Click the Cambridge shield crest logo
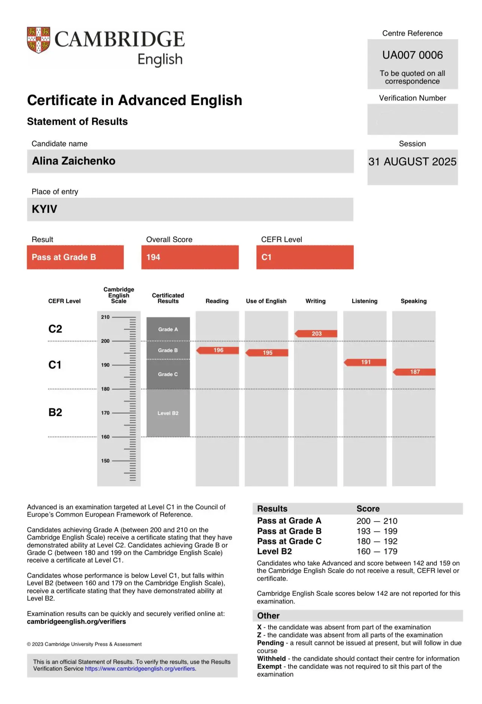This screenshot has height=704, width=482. [39, 40]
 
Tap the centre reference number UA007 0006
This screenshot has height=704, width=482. [412, 55]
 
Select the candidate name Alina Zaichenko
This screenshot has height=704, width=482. [74, 161]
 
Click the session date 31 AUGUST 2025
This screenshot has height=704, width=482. [412, 162]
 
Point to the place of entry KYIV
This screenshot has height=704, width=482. [44, 209]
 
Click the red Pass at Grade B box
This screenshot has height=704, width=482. [75, 257]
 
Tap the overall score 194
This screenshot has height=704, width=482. [153, 257]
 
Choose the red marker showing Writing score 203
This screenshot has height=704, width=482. [316, 333]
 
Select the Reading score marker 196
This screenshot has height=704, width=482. [218, 350]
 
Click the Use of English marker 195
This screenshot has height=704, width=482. [267, 353]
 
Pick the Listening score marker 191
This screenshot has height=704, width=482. [365, 362]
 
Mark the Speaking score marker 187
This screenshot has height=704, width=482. [414, 372]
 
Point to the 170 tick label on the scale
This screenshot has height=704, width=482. [105, 413]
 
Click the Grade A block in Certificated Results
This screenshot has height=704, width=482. [168, 329]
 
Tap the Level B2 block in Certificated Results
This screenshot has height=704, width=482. [168, 413]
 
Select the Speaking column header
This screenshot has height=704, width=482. [413, 301]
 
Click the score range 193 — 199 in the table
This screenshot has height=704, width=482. [377, 531]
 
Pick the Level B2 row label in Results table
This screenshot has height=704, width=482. [274, 551]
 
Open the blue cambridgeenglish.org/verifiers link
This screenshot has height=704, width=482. [140, 668]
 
